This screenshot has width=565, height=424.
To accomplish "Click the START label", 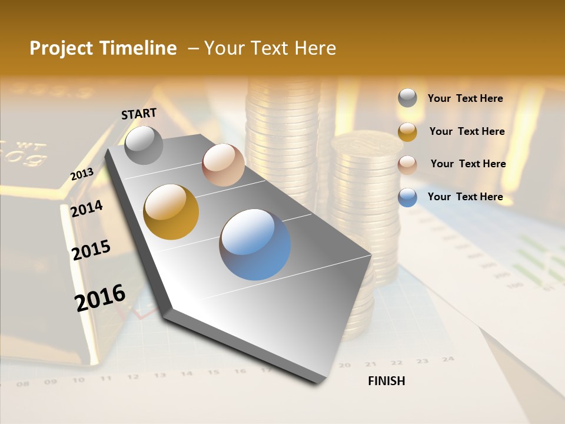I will [x=139, y=114].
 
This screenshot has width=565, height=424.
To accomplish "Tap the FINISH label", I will [x=387, y=381].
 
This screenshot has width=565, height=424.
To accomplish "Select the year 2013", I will [x=82, y=174].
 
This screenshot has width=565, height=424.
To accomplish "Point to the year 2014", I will [x=87, y=208].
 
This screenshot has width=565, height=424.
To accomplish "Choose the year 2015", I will [x=91, y=250].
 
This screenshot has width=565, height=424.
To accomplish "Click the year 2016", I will [x=100, y=297].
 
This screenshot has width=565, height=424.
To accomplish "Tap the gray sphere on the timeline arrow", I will [x=144, y=145].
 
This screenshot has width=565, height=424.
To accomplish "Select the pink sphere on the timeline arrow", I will [x=223, y=165].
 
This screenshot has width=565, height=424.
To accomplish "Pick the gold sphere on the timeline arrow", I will [x=171, y=212].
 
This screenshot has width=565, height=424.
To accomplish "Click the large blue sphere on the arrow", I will [x=255, y=244].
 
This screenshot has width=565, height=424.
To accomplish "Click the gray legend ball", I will [x=407, y=98].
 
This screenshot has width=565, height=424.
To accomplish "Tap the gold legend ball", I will [x=407, y=132].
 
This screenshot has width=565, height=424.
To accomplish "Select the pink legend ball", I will [x=407, y=165].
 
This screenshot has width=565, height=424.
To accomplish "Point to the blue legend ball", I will [x=407, y=197].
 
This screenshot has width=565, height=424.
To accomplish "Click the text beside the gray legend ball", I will [x=466, y=98].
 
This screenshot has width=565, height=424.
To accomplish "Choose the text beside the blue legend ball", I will [x=466, y=197].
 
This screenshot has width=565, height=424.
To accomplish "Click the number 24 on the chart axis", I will [x=448, y=359].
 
